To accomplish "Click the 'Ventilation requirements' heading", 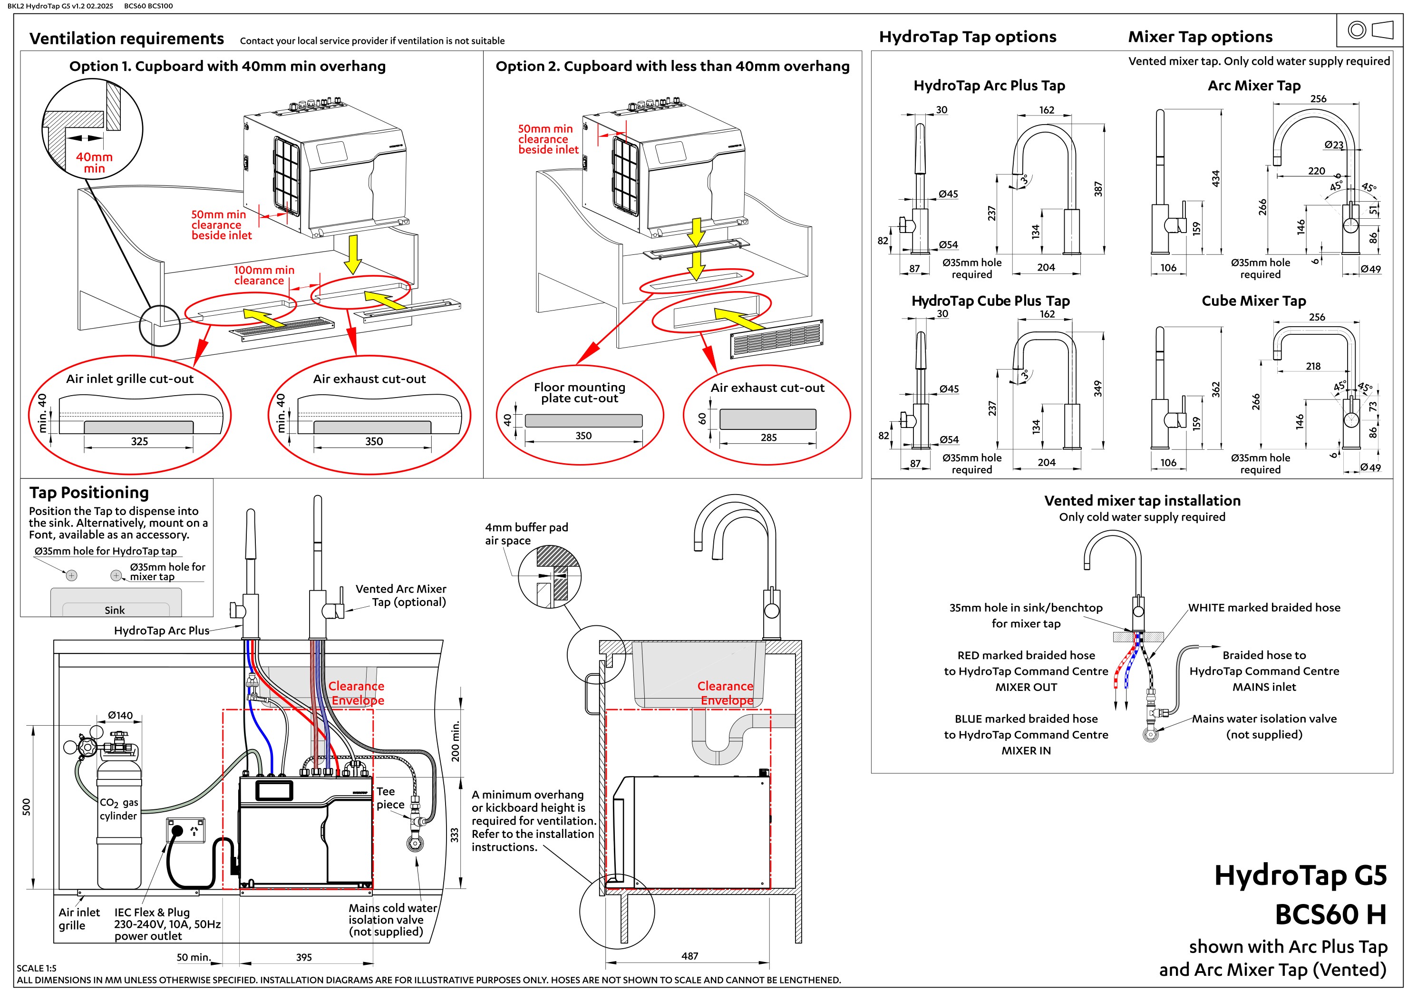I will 126,39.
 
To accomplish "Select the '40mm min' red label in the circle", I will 95,162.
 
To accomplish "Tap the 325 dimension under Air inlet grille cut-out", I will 139,441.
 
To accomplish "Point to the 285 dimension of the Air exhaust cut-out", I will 768,437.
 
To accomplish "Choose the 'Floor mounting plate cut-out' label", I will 580,392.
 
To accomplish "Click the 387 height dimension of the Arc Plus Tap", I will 1098,189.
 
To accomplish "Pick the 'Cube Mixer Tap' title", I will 1253,301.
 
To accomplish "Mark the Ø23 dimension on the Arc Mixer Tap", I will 1333,145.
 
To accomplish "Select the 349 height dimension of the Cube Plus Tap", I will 1098,389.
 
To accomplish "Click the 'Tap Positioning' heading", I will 89,493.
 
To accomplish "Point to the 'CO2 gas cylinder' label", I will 118,809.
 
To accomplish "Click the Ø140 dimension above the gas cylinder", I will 120,715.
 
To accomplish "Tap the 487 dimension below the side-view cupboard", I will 689,956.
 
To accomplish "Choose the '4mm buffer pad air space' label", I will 526,534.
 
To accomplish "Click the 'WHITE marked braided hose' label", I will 1264,608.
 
